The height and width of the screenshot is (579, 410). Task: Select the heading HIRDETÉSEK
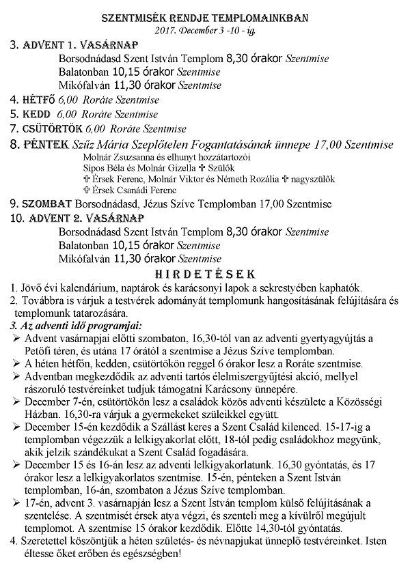[x=205, y=274]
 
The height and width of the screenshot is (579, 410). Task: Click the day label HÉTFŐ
[x=39, y=100]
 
